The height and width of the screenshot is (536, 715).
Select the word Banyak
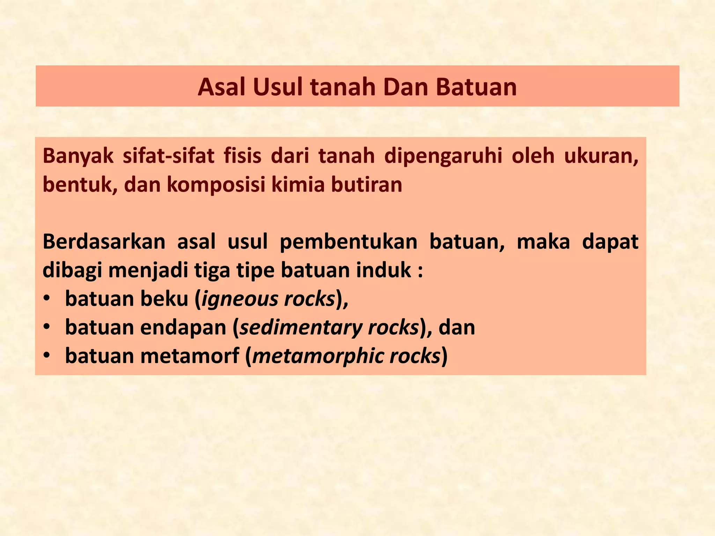(78, 156)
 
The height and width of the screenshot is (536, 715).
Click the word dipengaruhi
(443, 156)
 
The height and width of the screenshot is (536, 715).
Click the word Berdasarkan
(104, 241)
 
